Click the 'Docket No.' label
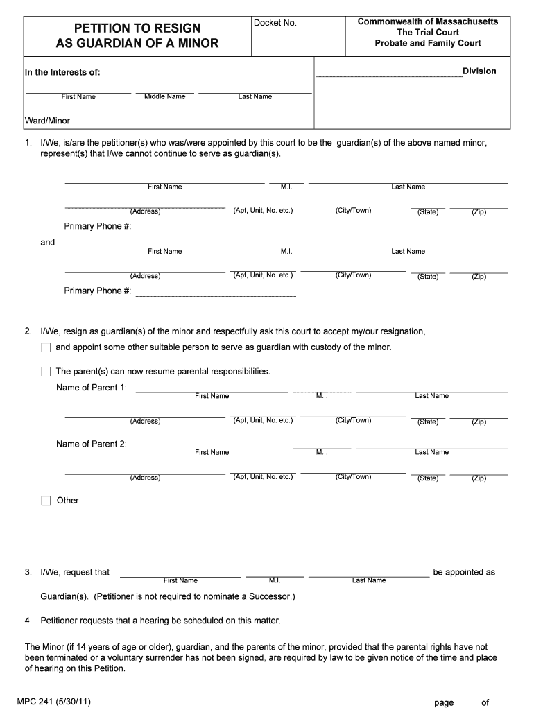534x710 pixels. click(275, 23)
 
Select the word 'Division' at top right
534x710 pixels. click(479, 71)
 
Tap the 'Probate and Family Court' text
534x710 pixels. click(428, 43)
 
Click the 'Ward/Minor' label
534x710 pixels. click(48, 121)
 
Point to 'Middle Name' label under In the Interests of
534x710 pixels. click(164, 96)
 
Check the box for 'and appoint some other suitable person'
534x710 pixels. click(46, 347)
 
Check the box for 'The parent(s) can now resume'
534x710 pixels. click(46, 372)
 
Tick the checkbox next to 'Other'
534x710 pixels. click(46, 501)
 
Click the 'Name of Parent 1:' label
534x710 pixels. click(92, 388)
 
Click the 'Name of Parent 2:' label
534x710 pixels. click(92, 444)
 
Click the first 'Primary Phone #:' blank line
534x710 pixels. click(216, 227)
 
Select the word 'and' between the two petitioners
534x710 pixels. click(48, 243)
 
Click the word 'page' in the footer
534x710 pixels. click(444, 702)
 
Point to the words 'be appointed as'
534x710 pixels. click(464, 572)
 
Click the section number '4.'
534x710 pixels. click(28, 620)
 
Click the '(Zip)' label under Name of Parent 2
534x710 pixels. click(479, 478)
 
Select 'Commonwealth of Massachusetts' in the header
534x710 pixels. click(428, 21)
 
